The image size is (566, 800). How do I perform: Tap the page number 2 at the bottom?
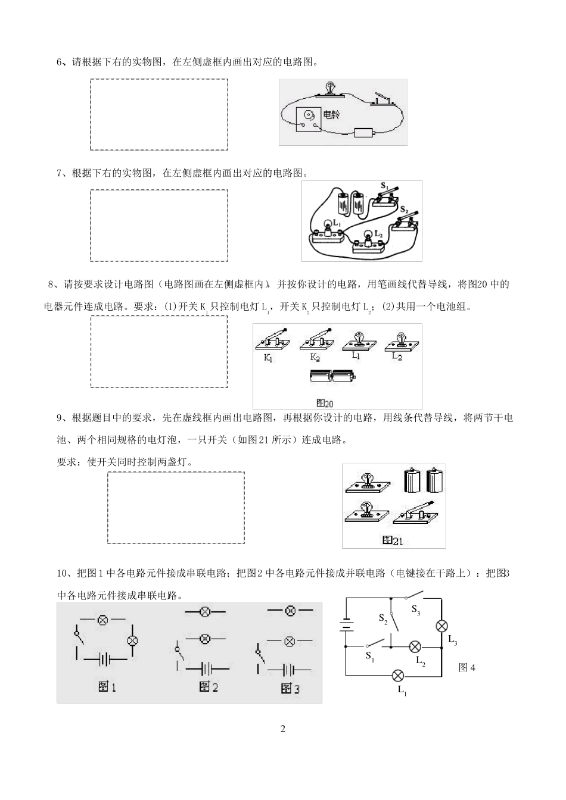click(283, 729)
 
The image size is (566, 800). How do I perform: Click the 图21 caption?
click(393, 540)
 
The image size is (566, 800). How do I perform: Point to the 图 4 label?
click(467, 667)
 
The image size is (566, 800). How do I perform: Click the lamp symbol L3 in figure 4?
click(441, 626)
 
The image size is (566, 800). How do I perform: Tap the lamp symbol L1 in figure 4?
click(397, 676)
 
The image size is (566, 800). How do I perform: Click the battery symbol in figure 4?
click(345, 626)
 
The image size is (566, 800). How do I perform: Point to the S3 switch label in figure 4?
click(416, 610)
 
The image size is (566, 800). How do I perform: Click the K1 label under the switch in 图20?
click(269, 359)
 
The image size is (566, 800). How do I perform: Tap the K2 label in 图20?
click(315, 358)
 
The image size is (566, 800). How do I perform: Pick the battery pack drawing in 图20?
click(332, 376)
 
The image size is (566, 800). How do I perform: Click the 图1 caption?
click(107, 687)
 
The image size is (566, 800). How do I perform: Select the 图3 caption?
click(290, 689)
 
